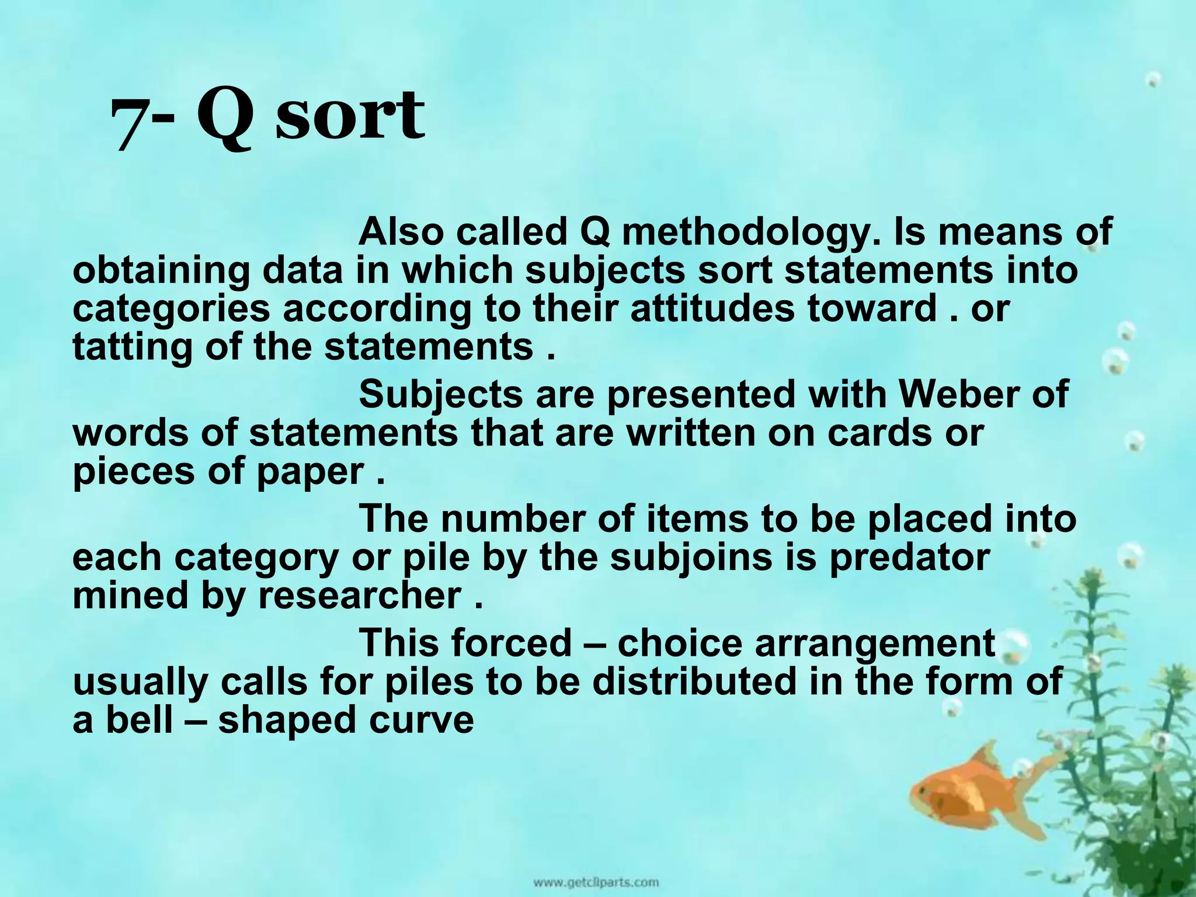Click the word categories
(171, 310)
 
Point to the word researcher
(360, 596)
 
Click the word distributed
(694, 682)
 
